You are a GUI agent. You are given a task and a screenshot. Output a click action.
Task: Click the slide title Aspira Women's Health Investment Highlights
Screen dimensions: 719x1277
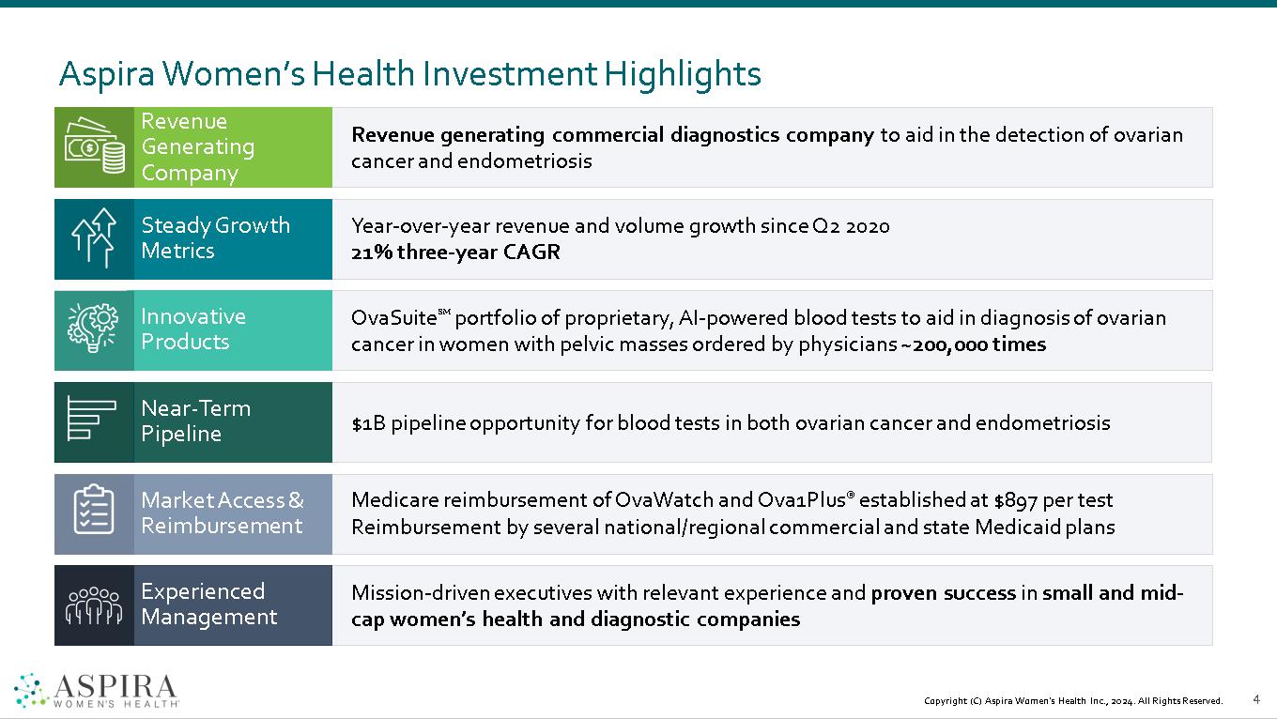pos(409,73)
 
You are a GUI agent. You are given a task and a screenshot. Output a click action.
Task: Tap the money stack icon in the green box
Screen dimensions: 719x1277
pos(94,147)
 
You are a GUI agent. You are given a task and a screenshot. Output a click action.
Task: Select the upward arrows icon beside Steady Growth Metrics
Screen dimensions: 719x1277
pos(94,238)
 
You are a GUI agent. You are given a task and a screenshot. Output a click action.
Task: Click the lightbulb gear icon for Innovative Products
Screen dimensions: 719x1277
pos(94,329)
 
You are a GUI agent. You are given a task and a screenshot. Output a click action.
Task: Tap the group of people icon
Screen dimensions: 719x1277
pos(93,605)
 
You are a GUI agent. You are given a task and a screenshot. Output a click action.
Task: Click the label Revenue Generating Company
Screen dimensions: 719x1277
pos(197,147)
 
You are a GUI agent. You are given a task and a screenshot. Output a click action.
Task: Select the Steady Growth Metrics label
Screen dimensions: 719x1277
pos(215,238)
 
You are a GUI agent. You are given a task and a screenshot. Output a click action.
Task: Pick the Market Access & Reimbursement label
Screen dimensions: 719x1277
pos(223,513)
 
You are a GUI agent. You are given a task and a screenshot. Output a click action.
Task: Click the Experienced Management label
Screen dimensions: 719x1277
pos(208,604)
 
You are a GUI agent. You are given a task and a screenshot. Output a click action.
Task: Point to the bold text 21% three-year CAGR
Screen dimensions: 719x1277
pos(455,252)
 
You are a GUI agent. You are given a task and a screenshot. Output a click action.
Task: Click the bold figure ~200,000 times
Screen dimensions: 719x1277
pos(973,344)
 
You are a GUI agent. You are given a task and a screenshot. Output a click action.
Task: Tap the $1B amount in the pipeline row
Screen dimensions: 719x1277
pos(368,423)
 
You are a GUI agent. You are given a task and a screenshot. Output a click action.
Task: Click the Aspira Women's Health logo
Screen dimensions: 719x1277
pos(97,690)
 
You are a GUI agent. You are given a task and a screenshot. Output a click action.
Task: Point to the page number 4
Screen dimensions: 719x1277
pos(1256,699)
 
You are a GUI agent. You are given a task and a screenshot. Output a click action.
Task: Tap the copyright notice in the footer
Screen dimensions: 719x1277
pos(1073,701)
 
